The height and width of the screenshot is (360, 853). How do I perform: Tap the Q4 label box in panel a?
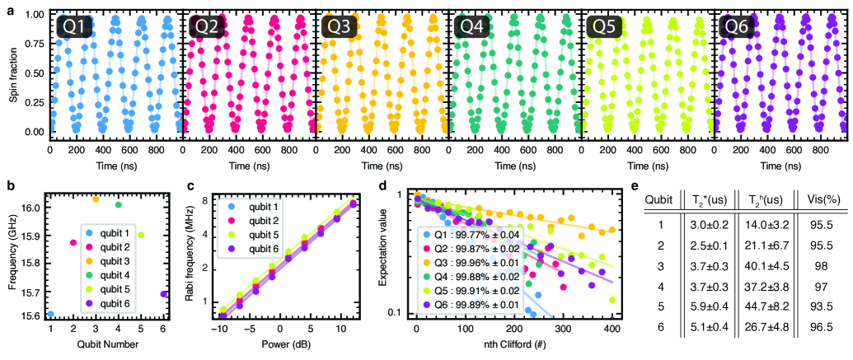pos(472,27)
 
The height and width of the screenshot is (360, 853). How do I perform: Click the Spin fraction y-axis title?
pos(13,77)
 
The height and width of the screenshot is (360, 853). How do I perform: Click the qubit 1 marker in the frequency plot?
pos(50,314)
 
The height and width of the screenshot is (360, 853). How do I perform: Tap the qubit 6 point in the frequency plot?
pos(164,293)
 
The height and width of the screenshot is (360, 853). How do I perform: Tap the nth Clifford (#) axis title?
pos(518,345)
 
